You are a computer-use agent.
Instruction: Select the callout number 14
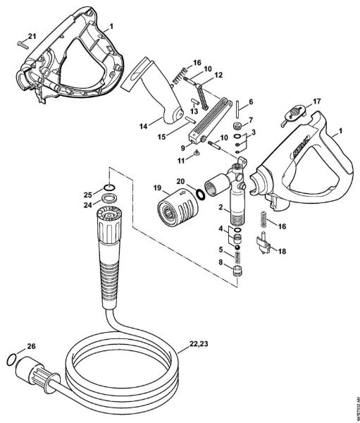tap(143, 126)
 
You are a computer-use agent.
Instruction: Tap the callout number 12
tap(218, 75)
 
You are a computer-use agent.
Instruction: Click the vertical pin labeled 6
tap(240, 108)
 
